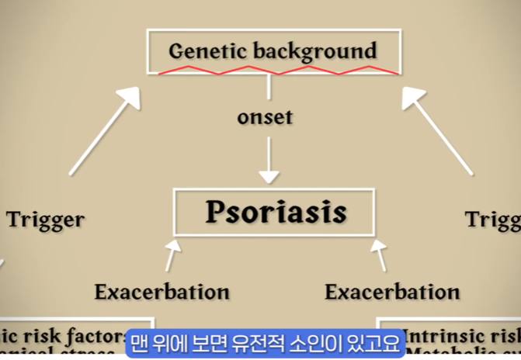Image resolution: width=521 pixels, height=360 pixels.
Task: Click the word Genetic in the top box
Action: [x=205, y=52]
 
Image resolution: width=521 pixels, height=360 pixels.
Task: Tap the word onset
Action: [x=265, y=118]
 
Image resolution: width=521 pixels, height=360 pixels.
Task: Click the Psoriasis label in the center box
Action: [x=275, y=212]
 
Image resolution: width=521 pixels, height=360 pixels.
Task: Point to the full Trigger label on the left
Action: [x=46, y=220]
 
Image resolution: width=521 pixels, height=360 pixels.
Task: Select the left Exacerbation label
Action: [x=162, y=292]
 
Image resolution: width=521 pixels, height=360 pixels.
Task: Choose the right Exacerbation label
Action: [x=391, y=292]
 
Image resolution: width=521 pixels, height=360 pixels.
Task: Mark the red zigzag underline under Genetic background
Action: [x=280, y=71]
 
